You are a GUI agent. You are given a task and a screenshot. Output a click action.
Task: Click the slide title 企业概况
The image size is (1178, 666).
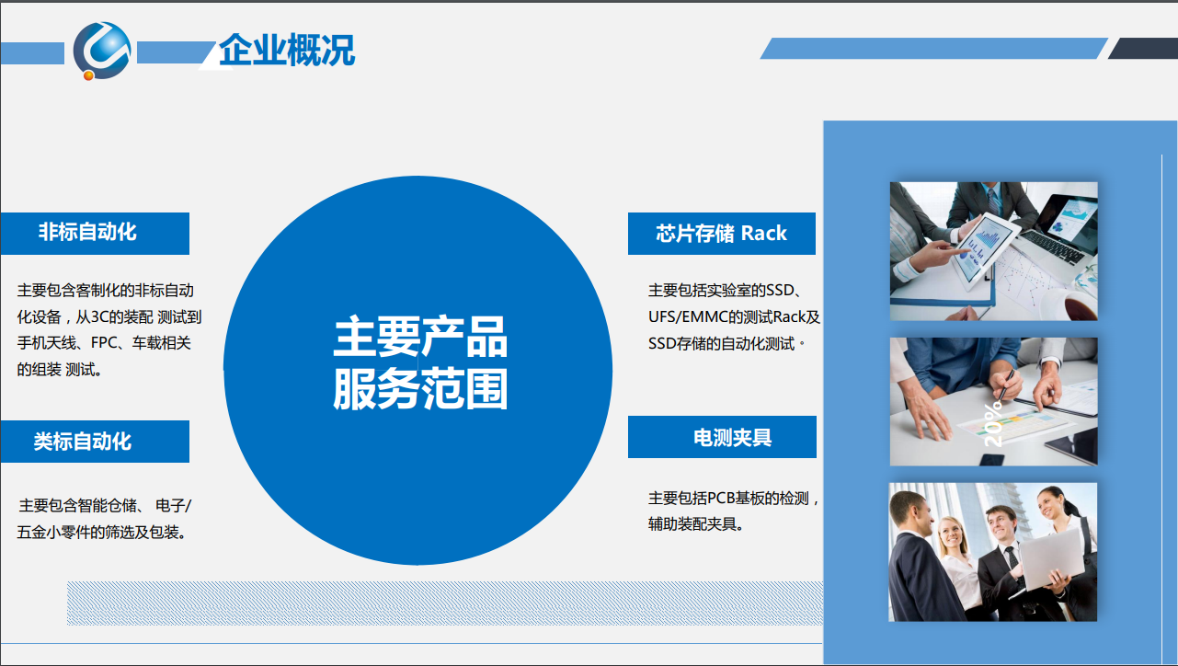[287, 50]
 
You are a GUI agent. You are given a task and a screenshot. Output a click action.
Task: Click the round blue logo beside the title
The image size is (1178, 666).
[101, 51]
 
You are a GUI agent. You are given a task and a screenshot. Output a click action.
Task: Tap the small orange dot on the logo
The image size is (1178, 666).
[88, 75]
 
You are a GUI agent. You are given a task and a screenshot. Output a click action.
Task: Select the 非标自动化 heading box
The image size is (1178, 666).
[95, 234]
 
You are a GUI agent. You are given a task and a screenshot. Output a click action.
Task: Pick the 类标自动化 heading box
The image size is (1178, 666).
[95, 442]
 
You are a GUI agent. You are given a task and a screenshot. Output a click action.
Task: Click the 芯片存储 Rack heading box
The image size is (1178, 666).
[722, 234]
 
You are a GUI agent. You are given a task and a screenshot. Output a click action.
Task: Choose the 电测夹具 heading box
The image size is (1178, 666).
[722, 437]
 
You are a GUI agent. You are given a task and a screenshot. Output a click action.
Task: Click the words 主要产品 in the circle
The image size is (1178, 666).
[420, 338]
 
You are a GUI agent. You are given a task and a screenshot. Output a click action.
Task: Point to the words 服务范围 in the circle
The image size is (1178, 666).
[420, 389]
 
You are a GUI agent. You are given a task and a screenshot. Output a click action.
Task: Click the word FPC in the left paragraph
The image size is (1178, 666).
[104, 343]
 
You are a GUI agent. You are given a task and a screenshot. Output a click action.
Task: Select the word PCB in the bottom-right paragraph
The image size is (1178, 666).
[720, 498]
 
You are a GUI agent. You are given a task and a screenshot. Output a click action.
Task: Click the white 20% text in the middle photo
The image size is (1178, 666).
[993, 425]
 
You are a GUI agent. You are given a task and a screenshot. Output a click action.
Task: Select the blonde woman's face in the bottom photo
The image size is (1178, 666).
[953, 534]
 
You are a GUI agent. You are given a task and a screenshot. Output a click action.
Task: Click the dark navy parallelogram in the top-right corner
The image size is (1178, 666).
[1143, 49]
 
